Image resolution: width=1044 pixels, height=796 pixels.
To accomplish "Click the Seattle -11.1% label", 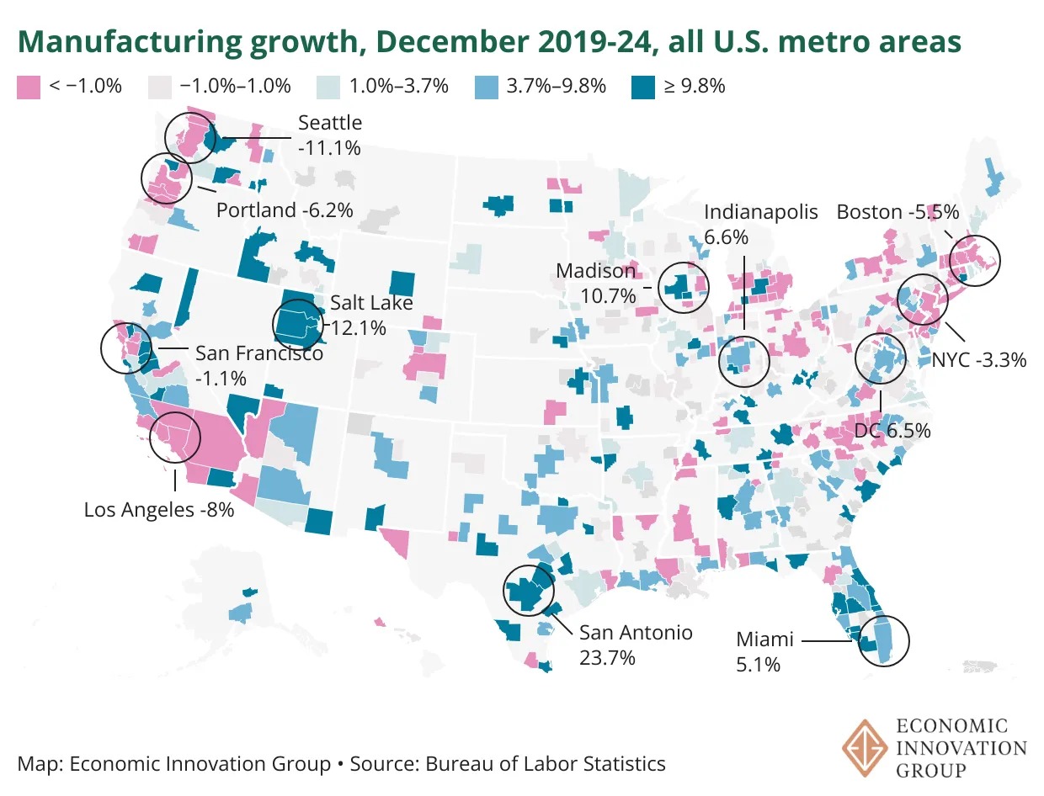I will point(330,135).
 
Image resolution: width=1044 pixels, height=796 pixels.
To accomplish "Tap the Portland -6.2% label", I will point(284,210).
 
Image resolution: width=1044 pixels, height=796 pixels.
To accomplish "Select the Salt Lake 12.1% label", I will point(359,315).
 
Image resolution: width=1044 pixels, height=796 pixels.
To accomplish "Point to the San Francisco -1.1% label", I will point(259,365).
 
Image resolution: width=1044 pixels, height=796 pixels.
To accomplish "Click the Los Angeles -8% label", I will point(159,509).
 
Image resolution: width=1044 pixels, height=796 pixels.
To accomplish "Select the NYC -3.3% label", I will point(979,360).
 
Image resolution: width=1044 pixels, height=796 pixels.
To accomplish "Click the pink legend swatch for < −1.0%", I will point(28,87).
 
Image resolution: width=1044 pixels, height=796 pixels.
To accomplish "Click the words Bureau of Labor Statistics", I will point(546,764).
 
